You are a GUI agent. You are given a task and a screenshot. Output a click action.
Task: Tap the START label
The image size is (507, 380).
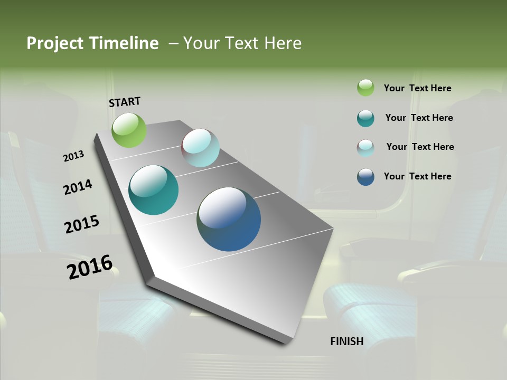(125, 102)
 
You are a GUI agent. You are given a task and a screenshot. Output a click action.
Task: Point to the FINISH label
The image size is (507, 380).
(347, 341)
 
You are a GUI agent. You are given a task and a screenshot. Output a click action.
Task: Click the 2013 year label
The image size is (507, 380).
(73, 156)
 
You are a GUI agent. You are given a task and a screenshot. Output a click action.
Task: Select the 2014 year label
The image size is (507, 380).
(78, 187)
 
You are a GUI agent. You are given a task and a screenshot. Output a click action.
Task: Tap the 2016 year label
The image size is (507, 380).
(90, 267)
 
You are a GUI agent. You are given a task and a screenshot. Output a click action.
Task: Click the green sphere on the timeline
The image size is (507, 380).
(129, 130)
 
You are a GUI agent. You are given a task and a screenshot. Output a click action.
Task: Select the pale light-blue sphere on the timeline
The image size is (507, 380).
(200, 148)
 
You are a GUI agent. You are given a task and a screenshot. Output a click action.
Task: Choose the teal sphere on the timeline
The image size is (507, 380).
(154, 190)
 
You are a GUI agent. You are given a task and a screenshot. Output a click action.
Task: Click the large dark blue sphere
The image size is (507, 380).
(229, 219)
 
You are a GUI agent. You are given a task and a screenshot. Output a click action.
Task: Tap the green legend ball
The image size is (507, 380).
(365, 88)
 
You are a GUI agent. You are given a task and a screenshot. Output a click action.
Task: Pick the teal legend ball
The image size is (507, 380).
(365, 118)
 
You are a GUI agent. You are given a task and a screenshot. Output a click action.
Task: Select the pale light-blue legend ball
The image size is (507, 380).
(365, 148)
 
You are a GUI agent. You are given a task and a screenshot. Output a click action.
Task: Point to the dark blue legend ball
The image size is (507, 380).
(365, 177)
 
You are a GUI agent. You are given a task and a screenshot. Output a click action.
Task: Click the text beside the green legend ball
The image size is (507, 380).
(417, 88)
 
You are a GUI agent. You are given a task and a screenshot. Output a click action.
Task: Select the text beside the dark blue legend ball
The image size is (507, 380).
(417, 176)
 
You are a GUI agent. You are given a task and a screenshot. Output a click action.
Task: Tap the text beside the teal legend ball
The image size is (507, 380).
(419, 118)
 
